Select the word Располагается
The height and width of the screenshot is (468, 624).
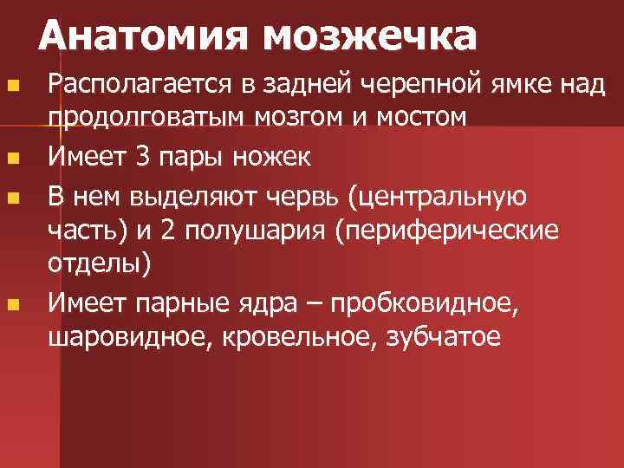[135, 85]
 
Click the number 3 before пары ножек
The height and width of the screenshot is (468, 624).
[143, 157]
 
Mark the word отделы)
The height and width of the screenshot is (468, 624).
[99, 263]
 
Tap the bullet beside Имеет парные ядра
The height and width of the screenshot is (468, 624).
[12, 304]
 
